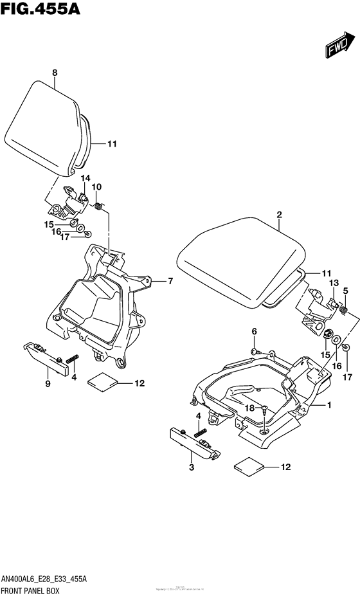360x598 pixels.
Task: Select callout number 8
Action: [55, 73]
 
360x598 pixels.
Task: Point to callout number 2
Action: [280, 215]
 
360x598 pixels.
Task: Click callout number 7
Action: [171, 281]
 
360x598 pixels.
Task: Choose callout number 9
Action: [48, 384]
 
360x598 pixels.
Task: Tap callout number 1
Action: [330, 406]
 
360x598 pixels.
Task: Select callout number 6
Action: [254, 331]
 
